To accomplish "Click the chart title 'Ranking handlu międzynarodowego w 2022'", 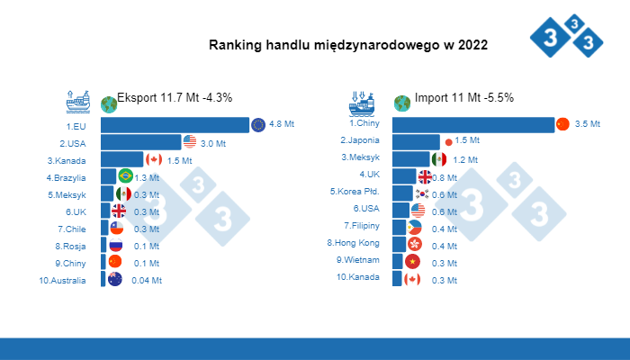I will click(348, 45).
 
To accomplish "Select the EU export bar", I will click(175, 125).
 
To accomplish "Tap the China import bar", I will click(473, 124).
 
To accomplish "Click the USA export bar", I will click(140, 142).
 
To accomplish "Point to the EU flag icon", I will click(258, 125).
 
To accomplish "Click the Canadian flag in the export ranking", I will click(153, 159).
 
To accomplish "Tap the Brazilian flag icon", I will click(125, 176).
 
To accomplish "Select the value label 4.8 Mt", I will click(283, 125).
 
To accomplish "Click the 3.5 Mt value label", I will click(587, 124).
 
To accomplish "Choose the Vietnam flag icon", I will click(412, 261).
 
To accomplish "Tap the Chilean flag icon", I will click(116, 229).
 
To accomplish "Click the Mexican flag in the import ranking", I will click(438, 158).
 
